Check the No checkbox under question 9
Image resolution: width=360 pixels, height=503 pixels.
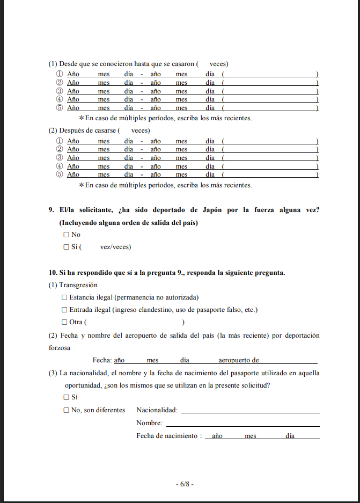[67, 235]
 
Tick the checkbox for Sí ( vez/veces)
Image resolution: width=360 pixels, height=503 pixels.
[67, 247]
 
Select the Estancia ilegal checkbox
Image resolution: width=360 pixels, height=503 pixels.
[64, 297]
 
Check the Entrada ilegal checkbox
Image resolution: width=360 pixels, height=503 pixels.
[64, 310]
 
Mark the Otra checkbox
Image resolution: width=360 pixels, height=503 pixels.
[64, 322]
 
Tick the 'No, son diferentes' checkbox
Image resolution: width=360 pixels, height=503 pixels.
[67, 410]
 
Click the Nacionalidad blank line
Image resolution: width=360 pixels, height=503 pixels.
[250, 411]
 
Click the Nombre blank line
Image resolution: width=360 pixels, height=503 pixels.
[250, 424]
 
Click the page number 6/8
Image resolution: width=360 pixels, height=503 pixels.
[185, 484]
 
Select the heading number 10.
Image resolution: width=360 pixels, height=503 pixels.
[52, 273]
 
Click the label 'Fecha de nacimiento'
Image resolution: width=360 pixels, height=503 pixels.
[167, 436]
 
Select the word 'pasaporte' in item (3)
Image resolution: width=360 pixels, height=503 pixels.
[246, 372]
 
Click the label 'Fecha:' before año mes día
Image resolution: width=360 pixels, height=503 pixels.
[101, 360]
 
